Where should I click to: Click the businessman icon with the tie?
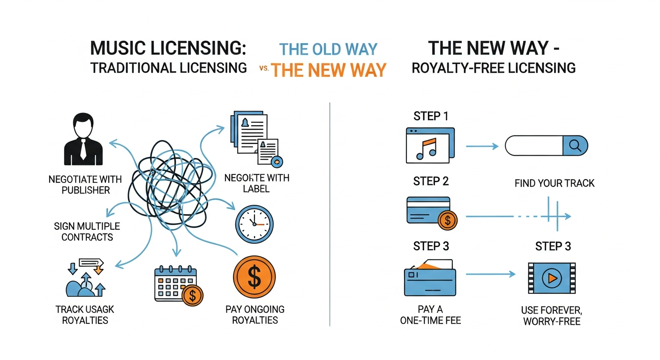82,138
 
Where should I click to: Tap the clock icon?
255,224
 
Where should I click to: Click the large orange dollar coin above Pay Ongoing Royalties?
254,278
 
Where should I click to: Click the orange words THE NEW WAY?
329,70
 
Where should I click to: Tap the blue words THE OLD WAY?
328,49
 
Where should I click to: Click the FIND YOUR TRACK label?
555,183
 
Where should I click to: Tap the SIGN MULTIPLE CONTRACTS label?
87,232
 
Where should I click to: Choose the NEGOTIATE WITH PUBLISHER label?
85,185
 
